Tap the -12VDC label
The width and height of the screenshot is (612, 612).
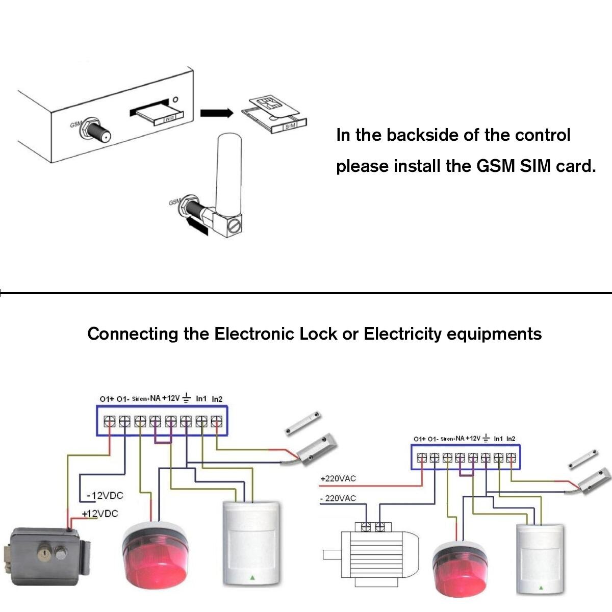[x=105, y=495]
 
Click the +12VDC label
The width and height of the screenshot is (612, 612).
[x=100, y=514]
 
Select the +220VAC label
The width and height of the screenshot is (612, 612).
[x=338, y=479]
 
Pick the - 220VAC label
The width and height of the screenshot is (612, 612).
[x=338, y=498]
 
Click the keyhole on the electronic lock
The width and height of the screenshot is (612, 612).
[x=44, y=552]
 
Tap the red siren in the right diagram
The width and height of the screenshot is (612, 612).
[x=462, y=566]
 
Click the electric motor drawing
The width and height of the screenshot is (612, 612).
[x=375, y=553]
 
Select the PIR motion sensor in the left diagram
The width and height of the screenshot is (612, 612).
[x=251, y=543]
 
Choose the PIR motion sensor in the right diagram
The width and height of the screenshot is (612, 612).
[x=539, y=558]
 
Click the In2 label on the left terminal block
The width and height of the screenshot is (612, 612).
[x=217, y=399]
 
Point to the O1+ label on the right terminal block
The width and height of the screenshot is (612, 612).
[x=420, y=439]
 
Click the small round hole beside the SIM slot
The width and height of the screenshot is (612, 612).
[x=175, y=100]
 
